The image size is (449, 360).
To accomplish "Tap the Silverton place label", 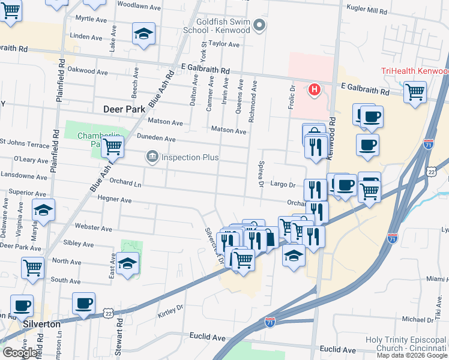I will click(x=41, y=324).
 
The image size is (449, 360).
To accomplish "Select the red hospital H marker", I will click(x=313, y=91).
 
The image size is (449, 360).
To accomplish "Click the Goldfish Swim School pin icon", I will click(x=259, y=25).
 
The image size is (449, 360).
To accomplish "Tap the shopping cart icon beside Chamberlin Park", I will click(x=112, y=145).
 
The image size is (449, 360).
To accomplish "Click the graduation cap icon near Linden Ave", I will click(x=143, y=34).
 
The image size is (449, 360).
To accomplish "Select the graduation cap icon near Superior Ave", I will click(x=43, y=211).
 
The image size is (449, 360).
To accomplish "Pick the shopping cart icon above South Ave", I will click(x=32, y=267).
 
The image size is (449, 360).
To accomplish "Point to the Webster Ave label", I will click(x=93, y=228).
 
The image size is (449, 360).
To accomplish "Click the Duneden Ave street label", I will click(x=156, y=139).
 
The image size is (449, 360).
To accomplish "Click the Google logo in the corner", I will click(x=20, y=353).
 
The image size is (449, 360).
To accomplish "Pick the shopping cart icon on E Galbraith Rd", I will click(x=415, y=92).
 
